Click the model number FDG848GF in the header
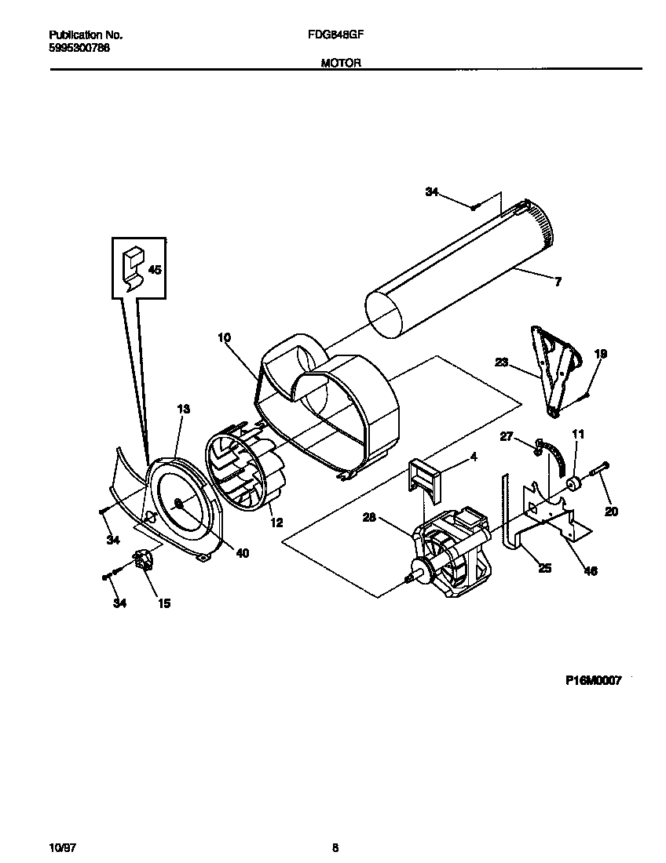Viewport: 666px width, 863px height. pyautogui.click(x=340, y=35)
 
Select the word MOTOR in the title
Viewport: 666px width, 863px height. pyautogui.click(x=340, y=64)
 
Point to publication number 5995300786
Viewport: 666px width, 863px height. pyautogui.click(x=79, y=47)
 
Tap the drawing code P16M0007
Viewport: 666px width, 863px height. pyautogui.click(x=593, y=681)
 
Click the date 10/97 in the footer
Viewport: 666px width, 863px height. pyautogui.click(x=61, y=847)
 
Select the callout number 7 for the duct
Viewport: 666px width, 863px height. pyautogui.click(x=558, y=282)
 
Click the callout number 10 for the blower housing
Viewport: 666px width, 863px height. pyautogui.click(x=224, y=337)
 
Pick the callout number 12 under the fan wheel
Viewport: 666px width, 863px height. pyautogui.click(x=276, y=523)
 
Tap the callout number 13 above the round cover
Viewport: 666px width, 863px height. pyautogui.click(x=183, y=409)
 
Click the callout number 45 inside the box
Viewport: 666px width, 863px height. pyautogui.click(x=155, y=270)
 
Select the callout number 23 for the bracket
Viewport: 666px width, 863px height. pyautogui.click(x=502, y=362)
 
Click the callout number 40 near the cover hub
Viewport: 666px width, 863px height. pyautogui.click(x=242, y=553)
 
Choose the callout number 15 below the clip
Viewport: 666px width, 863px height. pyautogui.click(x=164, y=603)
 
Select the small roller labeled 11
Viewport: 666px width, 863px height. pyautogui.click(x=574, y=482)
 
